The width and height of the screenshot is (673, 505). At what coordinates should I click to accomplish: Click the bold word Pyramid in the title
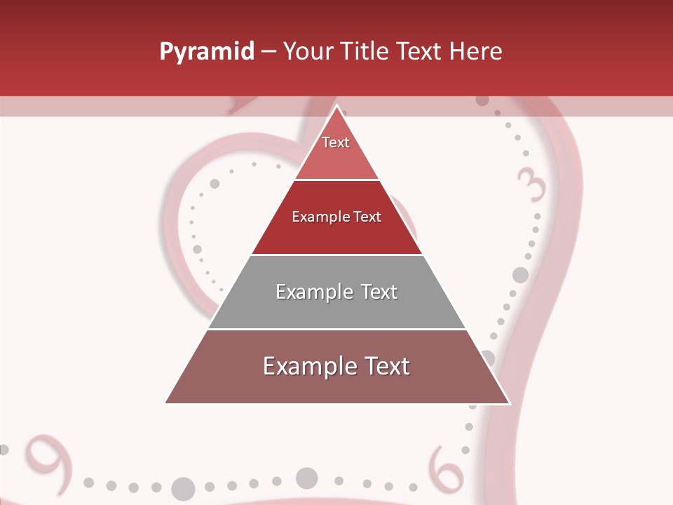(x=207, y=52)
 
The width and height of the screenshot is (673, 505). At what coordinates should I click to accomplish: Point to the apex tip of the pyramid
(x=337, y=107)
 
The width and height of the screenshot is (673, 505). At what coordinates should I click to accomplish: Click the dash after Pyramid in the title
(x=268, y=52)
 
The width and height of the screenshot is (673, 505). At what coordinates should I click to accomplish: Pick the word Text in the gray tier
(x=379, y=292)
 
